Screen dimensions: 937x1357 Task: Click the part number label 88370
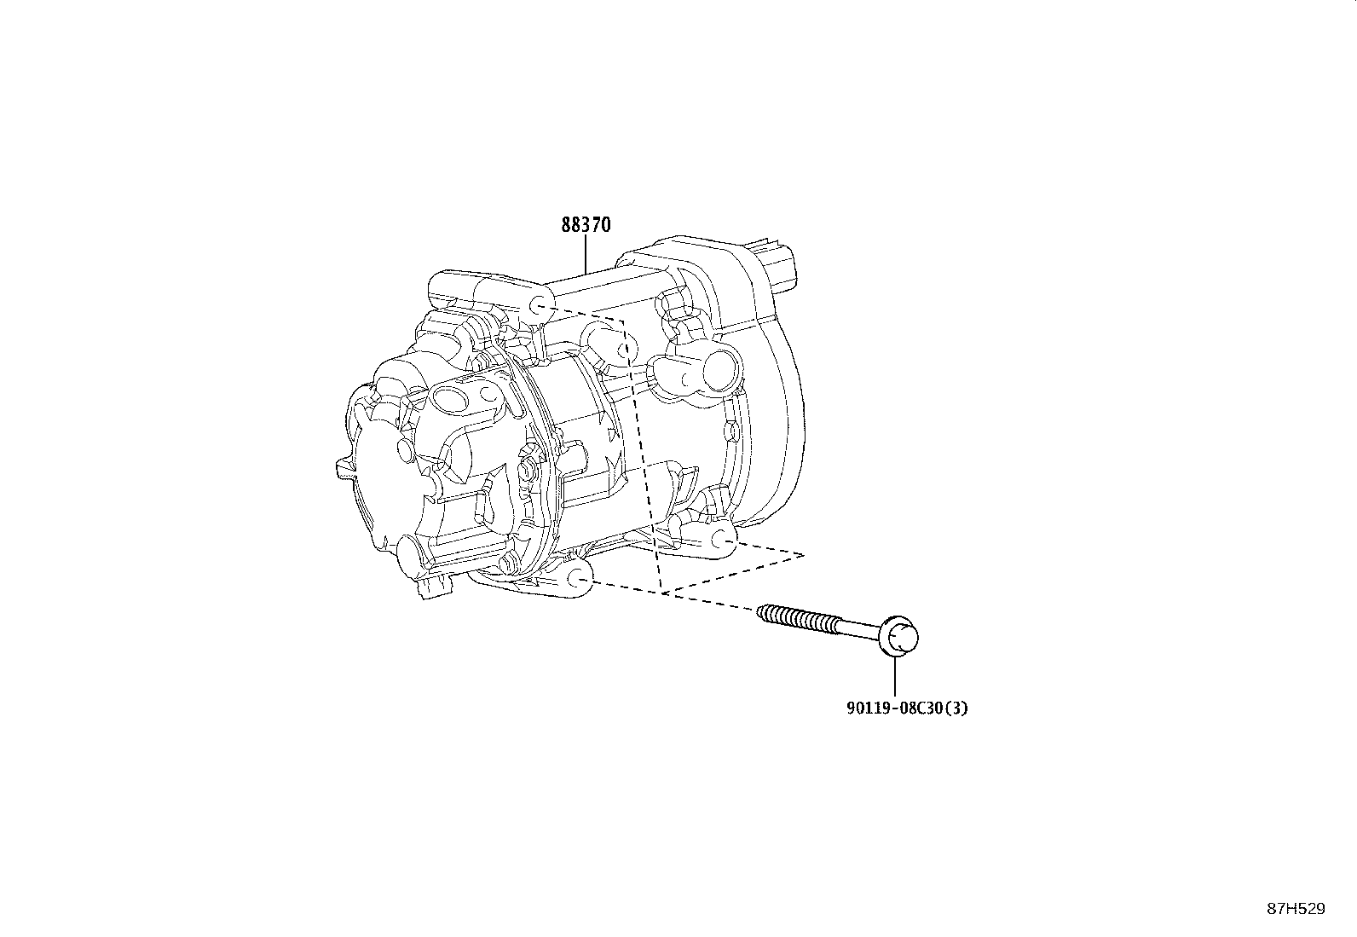pyautogui.click(x=586, y=225)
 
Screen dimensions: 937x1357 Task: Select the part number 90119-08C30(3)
pyautogui.click(x=895, y=708)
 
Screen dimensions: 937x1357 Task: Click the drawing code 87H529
pyautogui.click(x=1296, y=909)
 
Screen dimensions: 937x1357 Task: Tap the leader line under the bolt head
pyautogui.click(x=895, y=679)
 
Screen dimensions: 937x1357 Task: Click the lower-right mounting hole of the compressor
pyautogui.click(x=722, y=538)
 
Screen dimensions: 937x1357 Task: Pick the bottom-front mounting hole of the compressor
pyautogui.click(x=579, y=580)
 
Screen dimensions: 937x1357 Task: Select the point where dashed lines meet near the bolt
pyautogui.click(x=661, y=592)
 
